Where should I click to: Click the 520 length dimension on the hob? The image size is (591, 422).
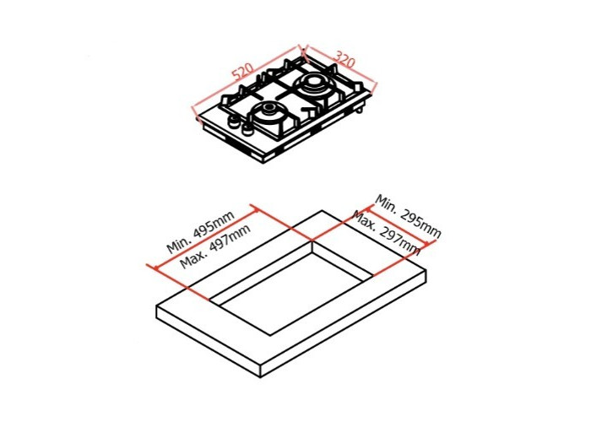[243, 72]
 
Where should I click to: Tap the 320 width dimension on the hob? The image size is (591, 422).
[344, 60]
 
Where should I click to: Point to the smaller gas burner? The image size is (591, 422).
[268, 113]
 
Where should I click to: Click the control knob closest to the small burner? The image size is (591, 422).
[247, 129]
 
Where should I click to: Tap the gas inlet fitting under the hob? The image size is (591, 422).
[359, 110]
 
